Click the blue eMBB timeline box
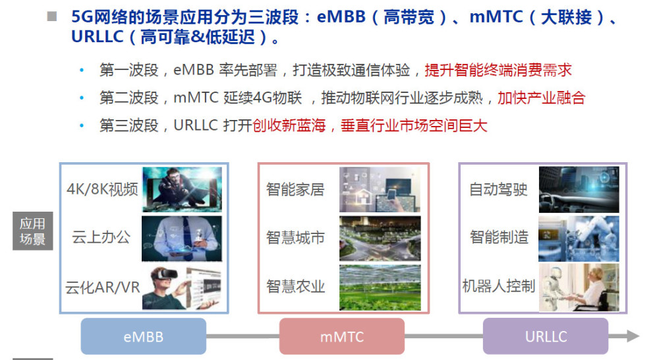[143, 336]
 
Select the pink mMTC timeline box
[341, 336]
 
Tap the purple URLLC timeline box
[546, 336]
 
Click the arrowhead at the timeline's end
[633, 336]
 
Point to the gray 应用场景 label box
[33, 231]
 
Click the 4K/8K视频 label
[102, 189]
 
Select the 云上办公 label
[101, 237]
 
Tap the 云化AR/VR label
[102, 287]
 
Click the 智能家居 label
[295, 189]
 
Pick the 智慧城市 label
[295, 237]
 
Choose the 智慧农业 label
[295, 286]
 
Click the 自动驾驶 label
[498, 189]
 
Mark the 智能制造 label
[499, 237]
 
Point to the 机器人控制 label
[498, 286]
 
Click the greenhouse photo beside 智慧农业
[380, 287]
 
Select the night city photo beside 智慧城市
[380, 239]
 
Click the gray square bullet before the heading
[51, 16]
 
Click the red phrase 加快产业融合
[541, 98]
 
